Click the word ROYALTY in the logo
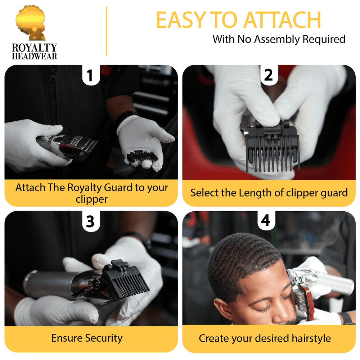35,48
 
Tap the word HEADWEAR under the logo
35,56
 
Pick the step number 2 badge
268,75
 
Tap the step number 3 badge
90,222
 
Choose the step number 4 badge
265,220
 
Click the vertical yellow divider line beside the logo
107,31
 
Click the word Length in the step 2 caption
252,193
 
